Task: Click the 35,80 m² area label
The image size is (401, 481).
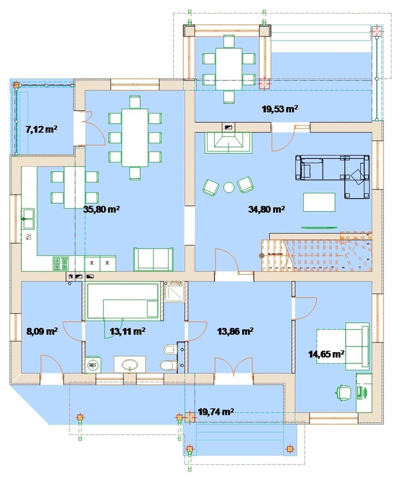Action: [101, 209]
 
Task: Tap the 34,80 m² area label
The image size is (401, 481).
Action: [267, 209]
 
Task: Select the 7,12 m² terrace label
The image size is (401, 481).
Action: [41, 129]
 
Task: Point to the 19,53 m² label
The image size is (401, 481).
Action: [280, 109]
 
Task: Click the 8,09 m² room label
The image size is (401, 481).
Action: [42, 331]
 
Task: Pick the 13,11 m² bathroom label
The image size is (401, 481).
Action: [127, 331]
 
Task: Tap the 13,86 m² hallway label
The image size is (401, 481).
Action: [235, 331]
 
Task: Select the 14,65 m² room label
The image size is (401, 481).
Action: [326, 354]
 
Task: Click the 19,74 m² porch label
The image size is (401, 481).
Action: [216, 412]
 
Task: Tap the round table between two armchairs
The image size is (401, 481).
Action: [229, 187]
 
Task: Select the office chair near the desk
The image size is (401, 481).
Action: [343, 392]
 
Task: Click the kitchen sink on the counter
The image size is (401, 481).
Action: [28, 219]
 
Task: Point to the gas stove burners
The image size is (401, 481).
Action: [61, 263]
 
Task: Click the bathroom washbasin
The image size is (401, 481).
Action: [130, 364]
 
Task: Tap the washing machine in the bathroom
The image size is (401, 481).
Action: [92, 365]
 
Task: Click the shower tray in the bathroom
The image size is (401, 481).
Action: [174, 292]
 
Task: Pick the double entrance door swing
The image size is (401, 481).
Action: [234, 366]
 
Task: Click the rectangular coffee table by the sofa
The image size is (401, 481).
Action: [319, 202]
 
